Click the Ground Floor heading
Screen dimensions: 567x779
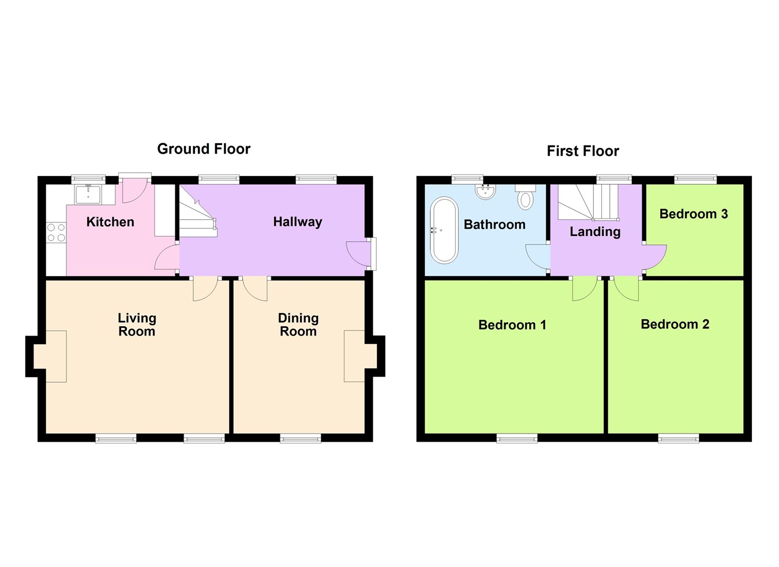[204, 149]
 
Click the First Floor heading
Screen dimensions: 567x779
[583, 151]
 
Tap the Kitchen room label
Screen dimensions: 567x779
[110, 222]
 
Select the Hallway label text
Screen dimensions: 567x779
[297, 222]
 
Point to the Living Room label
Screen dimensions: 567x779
[137, 324]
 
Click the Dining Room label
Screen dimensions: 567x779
[298, 324]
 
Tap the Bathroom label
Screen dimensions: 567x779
[495, 225]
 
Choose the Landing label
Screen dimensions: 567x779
[595, 232]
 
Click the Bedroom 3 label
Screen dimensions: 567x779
[694, 214]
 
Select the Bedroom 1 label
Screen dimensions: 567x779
[512, 325]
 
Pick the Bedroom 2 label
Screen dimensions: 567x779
[675, 324]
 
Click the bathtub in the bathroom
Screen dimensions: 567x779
[444, 230]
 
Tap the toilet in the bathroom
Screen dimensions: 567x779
[525, 197]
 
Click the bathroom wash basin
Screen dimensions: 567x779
[486, 191]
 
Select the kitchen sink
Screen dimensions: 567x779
[88, 194]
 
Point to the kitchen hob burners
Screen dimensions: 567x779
[56, 233]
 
